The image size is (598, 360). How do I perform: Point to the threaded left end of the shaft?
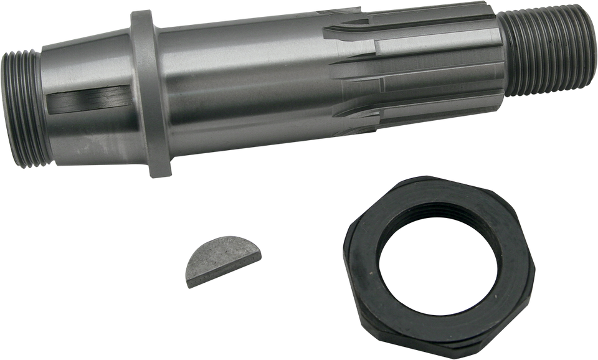[x=21, y=109]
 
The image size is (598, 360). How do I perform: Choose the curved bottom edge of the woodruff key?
[x=234, y=274]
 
